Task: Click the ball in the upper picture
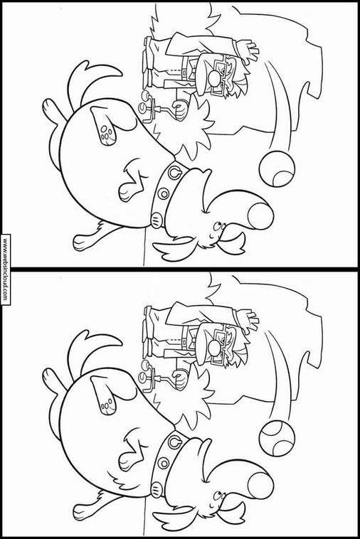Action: click(x=277, y=169)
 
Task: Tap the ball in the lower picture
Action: click(x=277, y=439)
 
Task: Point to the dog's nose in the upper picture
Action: click(x=260, y=216)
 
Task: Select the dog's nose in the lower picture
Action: click(x=260, y=486)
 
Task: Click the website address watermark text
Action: click(x=5, y=269)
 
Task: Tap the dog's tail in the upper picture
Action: click(x=92, y=82)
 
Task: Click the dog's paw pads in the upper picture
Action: click(x=107, y=134)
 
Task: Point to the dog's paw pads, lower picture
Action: click(x=107, y=403)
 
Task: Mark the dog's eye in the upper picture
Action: click(x=217, y=227)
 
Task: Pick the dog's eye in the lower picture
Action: click(x=217, y=496)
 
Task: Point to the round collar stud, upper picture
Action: click(x=163, y=194)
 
